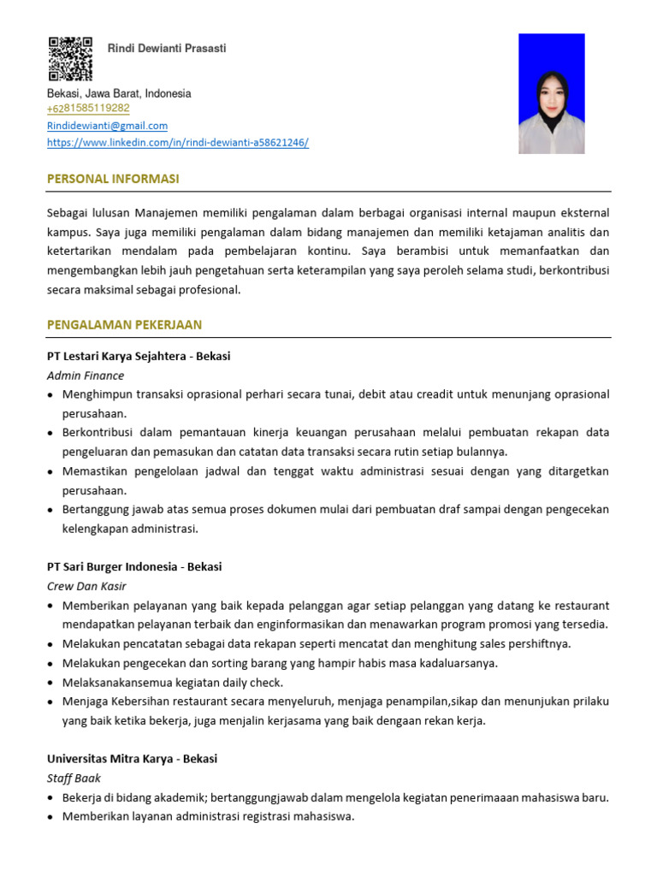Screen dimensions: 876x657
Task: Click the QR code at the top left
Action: (x=70, y=58)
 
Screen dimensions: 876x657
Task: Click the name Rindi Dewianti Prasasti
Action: (x=167, y=49)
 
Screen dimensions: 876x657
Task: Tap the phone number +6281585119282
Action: (x=88, y=109)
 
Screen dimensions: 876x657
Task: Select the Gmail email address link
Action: (x=107, y=126)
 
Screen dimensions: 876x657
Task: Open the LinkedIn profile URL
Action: (x=177, y=143)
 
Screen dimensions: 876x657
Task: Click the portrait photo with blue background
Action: (x=552, y=94)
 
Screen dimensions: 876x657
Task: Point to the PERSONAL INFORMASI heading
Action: (x=113, y=179)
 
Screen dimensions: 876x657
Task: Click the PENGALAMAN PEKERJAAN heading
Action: (x=125, y=325)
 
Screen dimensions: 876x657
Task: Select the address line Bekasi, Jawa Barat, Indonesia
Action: (x=119, y=93)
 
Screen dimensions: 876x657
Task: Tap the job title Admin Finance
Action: (x=86, y=376)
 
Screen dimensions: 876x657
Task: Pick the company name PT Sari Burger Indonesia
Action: (x=112, y=567)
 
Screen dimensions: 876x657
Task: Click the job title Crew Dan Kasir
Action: (x=86, y=587)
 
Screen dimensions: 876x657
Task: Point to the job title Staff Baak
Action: (x=74, y=778)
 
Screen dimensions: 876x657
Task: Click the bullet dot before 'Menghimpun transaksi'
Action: (x=51, y=395)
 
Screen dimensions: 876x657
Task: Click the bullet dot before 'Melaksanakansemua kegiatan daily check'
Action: (x=51, y=683)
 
